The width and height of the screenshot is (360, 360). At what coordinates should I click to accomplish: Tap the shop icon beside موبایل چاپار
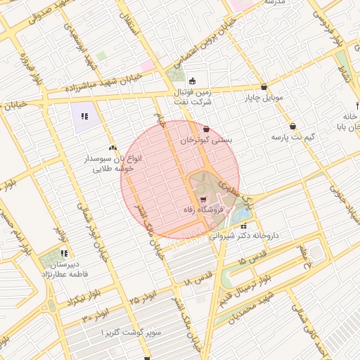pyautogui.click(x=264, y=87)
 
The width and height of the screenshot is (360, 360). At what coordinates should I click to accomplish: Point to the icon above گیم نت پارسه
pyautogui.click(x=292, y=127)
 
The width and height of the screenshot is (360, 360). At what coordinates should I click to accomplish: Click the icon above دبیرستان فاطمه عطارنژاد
pyautogui.click(x=64, y=253)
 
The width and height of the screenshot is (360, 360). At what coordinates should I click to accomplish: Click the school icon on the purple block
pyautogui.click(x=85, y=116)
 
